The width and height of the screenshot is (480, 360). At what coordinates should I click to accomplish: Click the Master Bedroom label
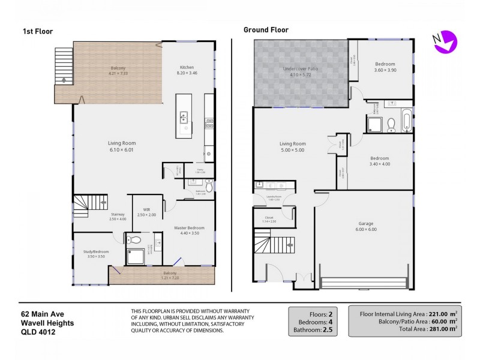click(x=189, y=228)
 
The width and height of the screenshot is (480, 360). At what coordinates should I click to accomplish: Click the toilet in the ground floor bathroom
click(x=391, y=124)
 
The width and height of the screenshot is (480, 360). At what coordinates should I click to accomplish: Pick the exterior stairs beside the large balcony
click(x=63, y=66)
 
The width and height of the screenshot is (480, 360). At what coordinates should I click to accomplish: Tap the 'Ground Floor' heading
click(x=266, y=30)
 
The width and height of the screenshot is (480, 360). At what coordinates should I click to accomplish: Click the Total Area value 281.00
click(x=437, y=328)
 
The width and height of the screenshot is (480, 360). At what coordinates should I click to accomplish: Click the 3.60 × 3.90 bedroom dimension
click(x=385, y=70)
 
